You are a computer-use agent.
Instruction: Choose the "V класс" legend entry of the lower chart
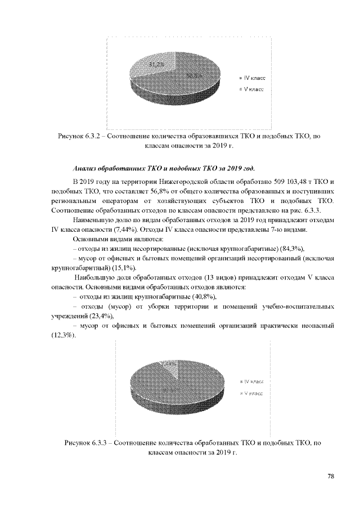[253, 393]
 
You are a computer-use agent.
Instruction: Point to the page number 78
[331, 477]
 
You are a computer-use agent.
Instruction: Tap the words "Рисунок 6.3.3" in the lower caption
[87, 443]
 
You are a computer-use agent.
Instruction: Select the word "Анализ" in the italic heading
[87, 168]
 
